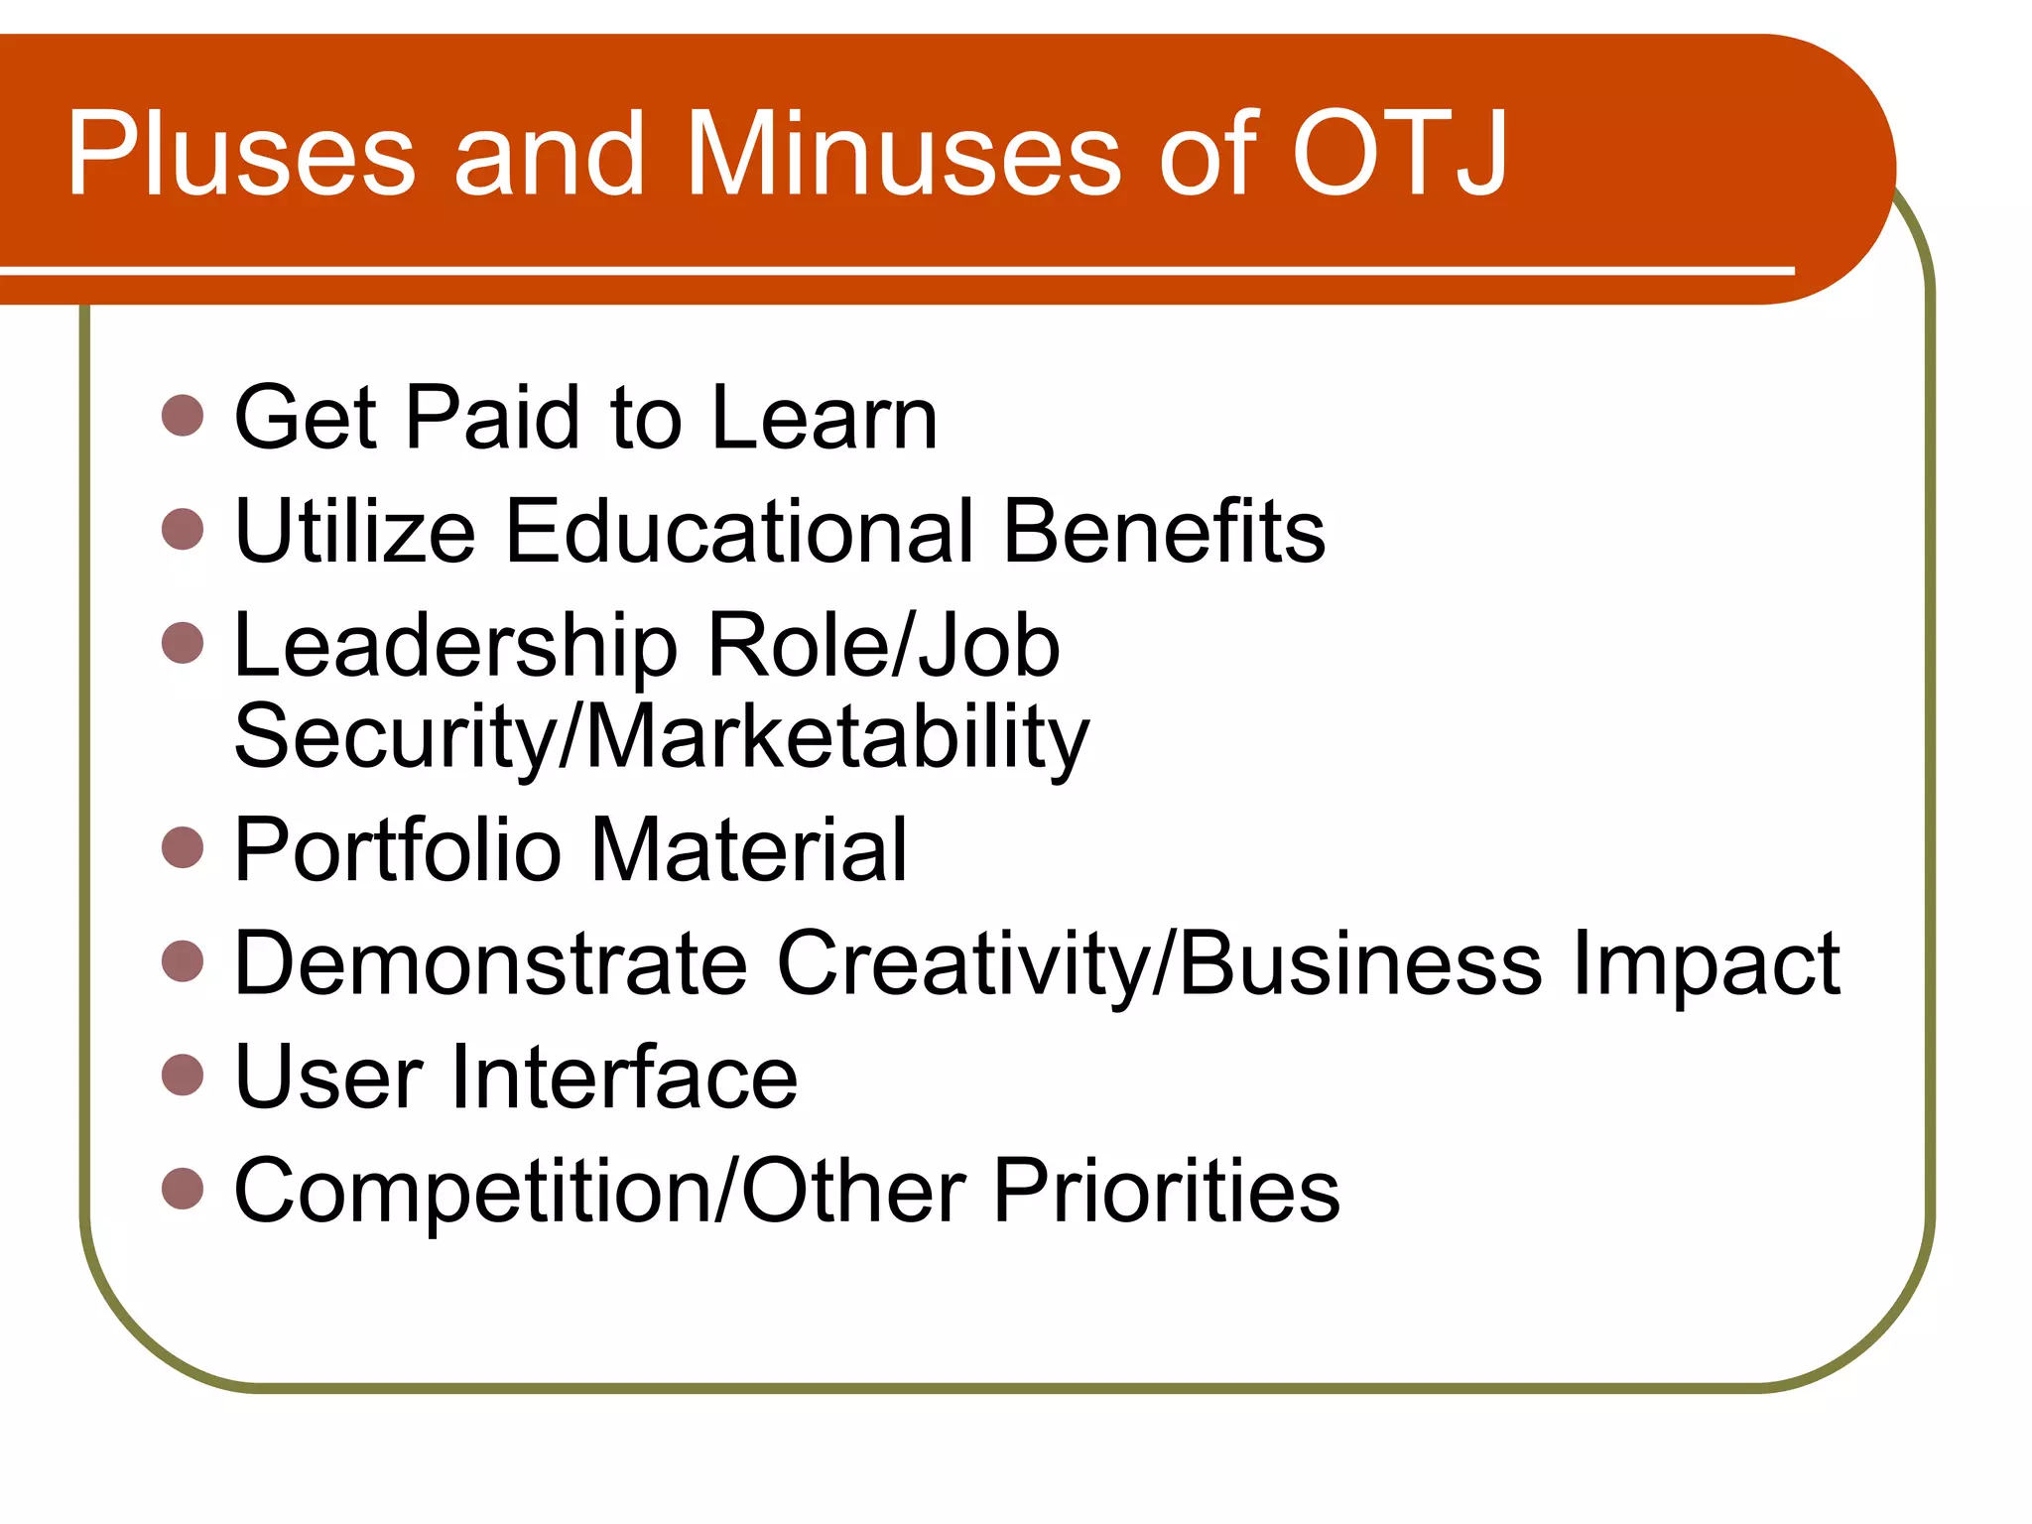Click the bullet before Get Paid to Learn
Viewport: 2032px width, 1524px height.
pyautogui.click(x=183, y=415)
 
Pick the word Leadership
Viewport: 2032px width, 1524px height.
pyautogui.click(x=455, y=647)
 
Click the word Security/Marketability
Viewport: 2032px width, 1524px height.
pyautogui.click(x=661, y=739)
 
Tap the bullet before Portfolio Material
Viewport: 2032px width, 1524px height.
pyautogui.click(x=183, y=846)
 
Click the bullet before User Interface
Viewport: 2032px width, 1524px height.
pyautogui.click(x=183, y=1074)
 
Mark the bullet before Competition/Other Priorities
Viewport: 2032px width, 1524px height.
pyautogui.click(x=183, y=1188)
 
